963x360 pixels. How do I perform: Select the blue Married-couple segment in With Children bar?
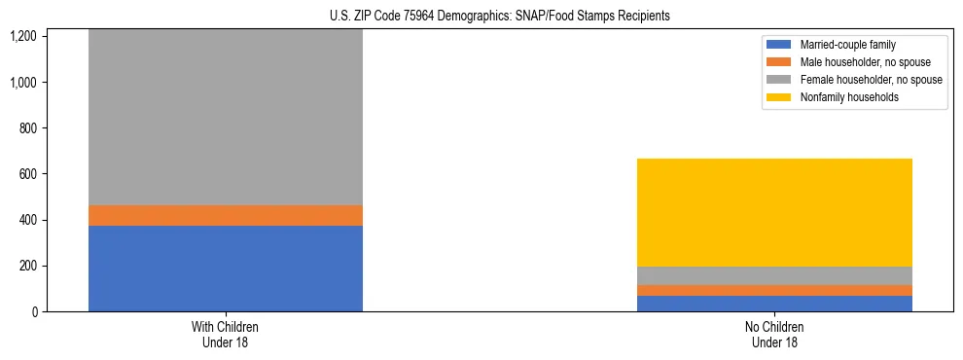(x=226, y=269)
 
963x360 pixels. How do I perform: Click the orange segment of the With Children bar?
(x=226, y=215)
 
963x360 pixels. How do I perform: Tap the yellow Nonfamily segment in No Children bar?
(x=775, y=212)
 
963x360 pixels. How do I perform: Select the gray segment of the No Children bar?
(x=775, y=275)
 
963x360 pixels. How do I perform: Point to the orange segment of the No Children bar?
(x=775, y=290)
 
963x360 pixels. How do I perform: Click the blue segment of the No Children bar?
(x=775, y=304)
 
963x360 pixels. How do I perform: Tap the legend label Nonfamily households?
(x=842, y=97)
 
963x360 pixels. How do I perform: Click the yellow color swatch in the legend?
(x=779, y=97)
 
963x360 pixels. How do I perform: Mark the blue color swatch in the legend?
(x=779, y=45)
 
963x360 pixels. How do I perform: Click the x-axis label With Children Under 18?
(x=226, y=335)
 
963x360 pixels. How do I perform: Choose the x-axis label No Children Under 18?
(x=775, y=335)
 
